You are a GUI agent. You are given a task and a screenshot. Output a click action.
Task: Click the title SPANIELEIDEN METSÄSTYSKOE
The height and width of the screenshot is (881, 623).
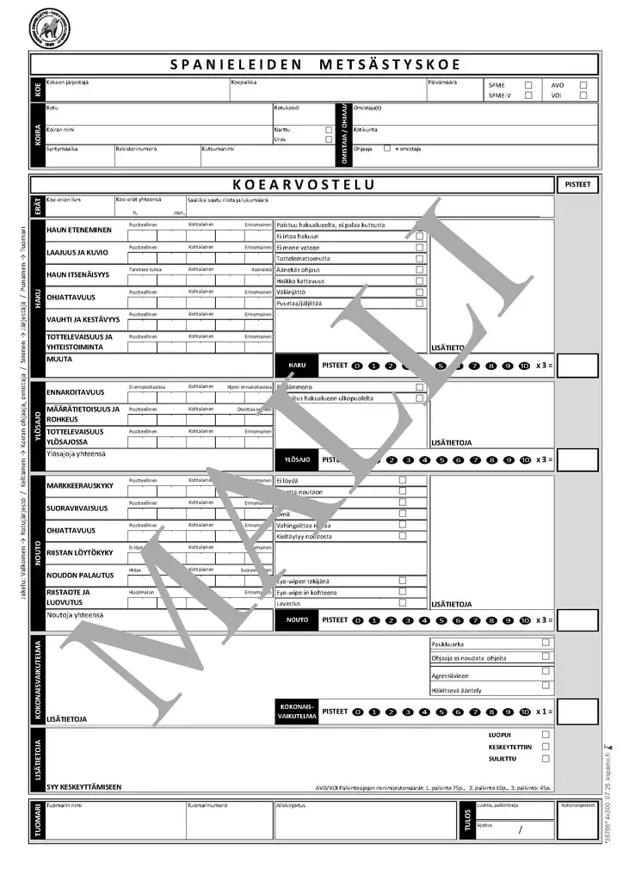point(314,65)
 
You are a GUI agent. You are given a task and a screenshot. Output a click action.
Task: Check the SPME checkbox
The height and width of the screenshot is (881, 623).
point(528,85)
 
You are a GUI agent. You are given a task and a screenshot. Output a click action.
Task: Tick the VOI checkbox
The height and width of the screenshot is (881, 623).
point(583,95)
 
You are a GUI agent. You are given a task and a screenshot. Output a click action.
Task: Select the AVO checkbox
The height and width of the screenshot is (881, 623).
point(583,85)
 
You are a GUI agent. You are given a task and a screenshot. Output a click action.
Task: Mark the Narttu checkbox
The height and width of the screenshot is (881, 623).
point(328,130)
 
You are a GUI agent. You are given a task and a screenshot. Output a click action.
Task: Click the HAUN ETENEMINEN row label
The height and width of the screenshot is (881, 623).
point(78,231)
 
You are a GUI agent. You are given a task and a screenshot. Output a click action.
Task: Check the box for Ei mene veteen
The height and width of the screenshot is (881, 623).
point(420,247)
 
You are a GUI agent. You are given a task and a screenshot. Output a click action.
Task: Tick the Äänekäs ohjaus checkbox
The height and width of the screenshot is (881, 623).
point(420,269)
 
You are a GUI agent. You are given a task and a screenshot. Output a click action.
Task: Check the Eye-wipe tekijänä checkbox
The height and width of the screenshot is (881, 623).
point(403,581)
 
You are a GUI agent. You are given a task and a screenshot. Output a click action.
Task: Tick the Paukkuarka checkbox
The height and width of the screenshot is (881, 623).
point(546,643)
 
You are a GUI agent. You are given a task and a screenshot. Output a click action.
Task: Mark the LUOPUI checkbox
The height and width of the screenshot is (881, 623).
point(546,735)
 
